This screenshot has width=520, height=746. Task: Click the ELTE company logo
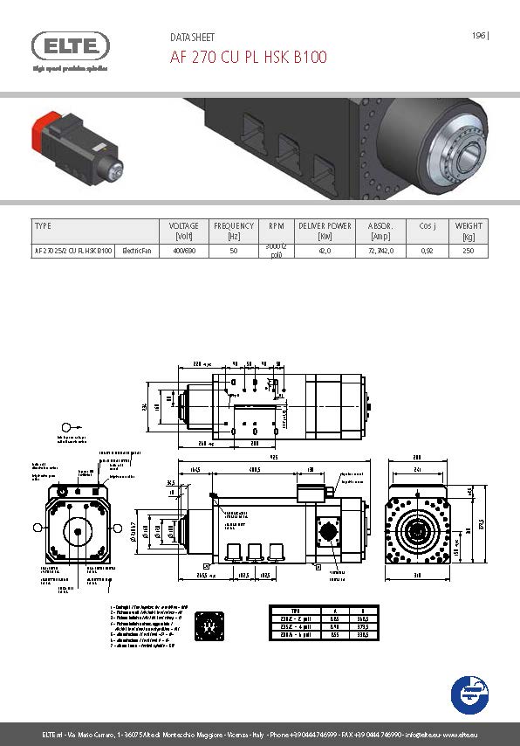click(70, 45)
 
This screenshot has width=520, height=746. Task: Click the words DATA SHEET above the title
click(191, 38)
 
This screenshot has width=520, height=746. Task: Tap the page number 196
click(478, 36)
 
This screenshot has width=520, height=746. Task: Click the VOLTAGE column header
click(183, 231)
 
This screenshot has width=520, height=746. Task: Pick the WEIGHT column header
click(469, 231)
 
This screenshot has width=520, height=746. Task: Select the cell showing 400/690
click(183, 251)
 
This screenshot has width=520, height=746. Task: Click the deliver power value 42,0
click(325, 251)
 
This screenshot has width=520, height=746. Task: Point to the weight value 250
click(469, 251)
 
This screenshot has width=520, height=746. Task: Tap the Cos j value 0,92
click(427, 251)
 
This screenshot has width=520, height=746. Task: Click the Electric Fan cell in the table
click(138, 251)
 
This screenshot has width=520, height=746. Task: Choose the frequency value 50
click(233, 251)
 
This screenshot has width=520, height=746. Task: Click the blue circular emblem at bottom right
click(469, 694)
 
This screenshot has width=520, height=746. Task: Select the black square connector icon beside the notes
click(208, 625)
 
